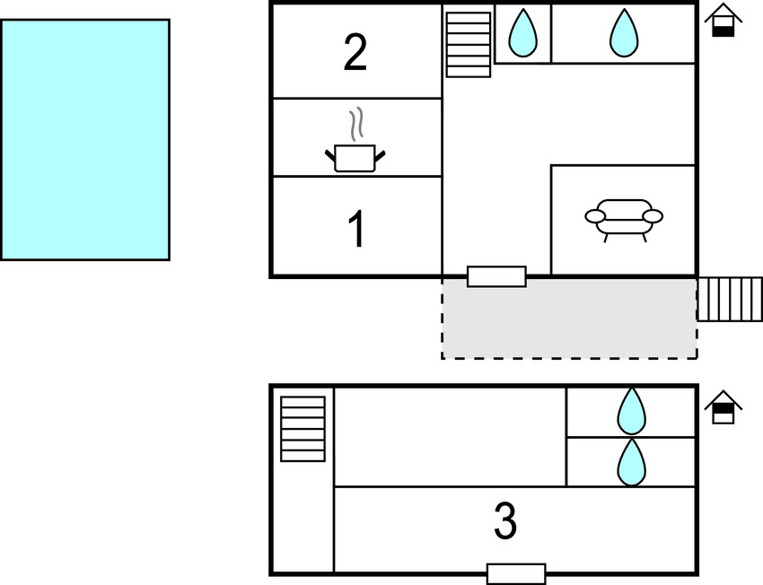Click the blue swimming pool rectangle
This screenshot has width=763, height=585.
(x=85, y=140)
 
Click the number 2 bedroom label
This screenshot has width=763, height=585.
(x=355, y=53)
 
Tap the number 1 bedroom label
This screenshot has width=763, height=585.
(x=356, y=230)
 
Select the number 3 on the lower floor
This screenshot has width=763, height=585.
(x=505, y=521)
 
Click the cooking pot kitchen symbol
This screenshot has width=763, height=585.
(x=355, y=157)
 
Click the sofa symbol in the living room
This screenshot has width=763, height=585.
(x=623, y=217)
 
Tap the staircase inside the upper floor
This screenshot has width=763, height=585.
(x=469, y=44)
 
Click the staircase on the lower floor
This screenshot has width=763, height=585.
(x=303, y=429)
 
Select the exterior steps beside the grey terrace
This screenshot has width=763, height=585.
(x=729, y=299)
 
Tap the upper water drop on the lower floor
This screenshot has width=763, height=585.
(x=631, y=412)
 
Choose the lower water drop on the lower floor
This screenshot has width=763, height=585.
(x=631, y=462)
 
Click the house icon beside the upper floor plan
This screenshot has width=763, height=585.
(x=723, y=21)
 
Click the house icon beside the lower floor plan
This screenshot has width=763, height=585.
(x=723, y=407)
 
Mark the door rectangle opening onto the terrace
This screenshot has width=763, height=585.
(x=496, y=276)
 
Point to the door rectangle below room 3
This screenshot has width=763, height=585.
(x=516, y=573)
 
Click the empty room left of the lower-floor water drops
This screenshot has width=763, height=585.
(x=450, y=437)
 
